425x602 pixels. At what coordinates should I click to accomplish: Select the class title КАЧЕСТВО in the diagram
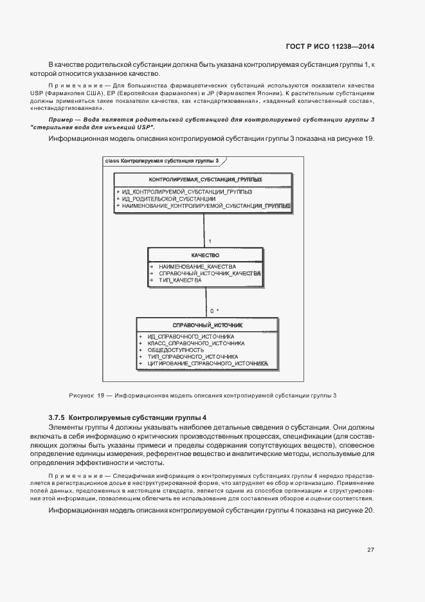205,255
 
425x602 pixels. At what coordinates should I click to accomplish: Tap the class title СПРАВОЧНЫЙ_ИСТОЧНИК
207,325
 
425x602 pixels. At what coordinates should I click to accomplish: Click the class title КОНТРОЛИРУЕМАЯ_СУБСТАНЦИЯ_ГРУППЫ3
204,179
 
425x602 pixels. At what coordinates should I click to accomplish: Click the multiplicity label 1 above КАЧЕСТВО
210,241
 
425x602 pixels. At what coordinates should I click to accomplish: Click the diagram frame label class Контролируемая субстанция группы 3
161,161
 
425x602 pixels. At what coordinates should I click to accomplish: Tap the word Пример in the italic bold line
61,120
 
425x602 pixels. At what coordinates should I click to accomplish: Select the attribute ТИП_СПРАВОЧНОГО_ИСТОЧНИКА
193,356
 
